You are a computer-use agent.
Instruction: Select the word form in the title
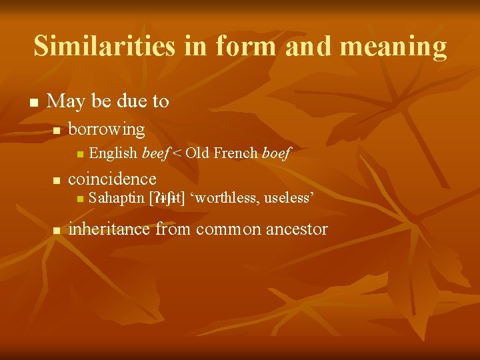pyautogui.click(x=246, y=46)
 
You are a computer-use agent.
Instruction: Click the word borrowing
pyautogui.click(x=107, y=129)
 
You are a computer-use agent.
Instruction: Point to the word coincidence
pyautogui.click(x=113, y=179)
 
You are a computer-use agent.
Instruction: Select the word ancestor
pyautogui.click(x=297, y=229)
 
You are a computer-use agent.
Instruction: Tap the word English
pyautogui.click(x=113, y=154)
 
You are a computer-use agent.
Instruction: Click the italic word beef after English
pyautogui.click(x=155, y=154)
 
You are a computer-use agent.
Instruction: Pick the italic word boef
pyautogui.click(x=277, y=154)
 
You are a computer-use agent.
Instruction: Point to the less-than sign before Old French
pyautogui.click(x=178, y=154)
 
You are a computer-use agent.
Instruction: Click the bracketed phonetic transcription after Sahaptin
pyautogui.click(x=167, y=198)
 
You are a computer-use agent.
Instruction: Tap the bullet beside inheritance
pyautogui.click(x=57, y=231)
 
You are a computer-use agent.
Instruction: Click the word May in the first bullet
pyautogui.click(x=65, y=101)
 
